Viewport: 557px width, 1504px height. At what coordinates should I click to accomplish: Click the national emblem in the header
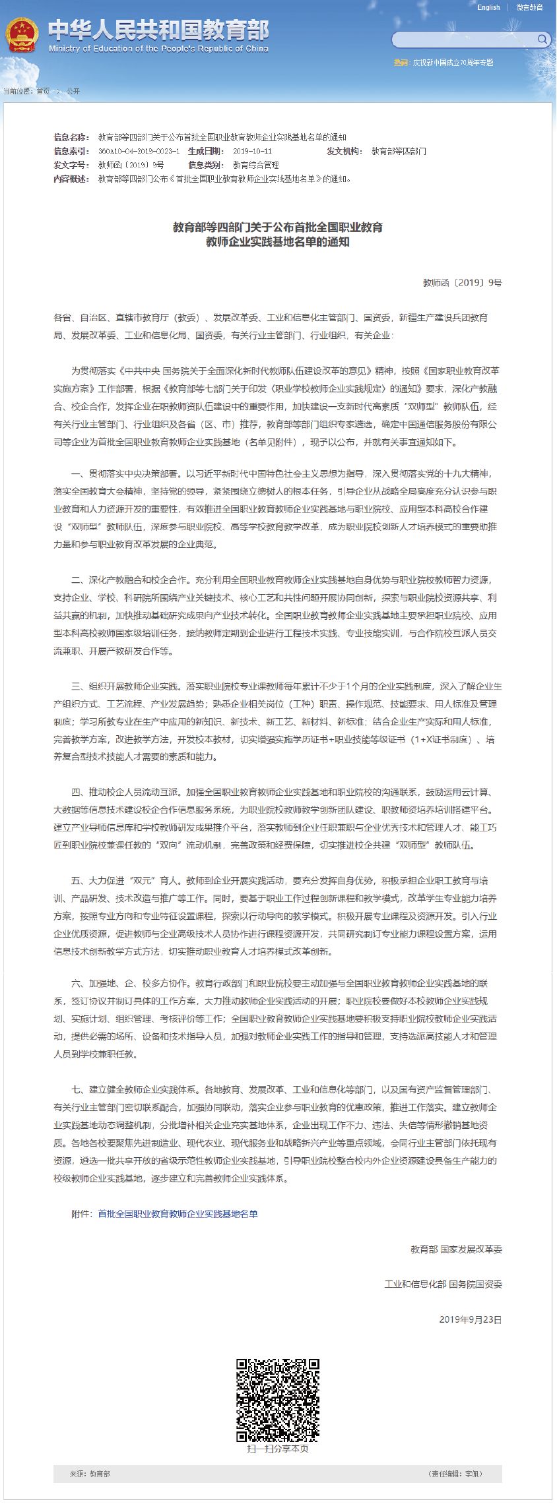tap(22, 35)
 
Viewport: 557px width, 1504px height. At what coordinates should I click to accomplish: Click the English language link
tap(488, 7)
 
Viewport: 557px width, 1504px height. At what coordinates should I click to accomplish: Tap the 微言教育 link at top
tap(529, 7)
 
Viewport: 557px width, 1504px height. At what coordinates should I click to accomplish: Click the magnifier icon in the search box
tap(542, 40)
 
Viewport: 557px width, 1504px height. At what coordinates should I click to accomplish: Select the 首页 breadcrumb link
tap(43, 91)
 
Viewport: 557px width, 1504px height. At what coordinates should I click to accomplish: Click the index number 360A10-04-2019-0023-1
tap(139, 151)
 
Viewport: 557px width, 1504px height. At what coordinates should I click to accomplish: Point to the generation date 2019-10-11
tap(252, 151)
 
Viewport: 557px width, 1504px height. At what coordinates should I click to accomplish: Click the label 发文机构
tap(344, 151)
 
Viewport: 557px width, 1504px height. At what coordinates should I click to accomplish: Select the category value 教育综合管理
tap(256, 165)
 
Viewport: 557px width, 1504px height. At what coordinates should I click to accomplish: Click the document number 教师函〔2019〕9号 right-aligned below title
tap(462, 282)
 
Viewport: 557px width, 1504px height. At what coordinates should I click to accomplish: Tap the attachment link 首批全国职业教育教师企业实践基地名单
tap(178, 1213)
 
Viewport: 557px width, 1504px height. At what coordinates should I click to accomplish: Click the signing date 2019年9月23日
tap(471, 1319)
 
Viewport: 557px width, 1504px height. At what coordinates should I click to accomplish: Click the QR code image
tap(278, 1400)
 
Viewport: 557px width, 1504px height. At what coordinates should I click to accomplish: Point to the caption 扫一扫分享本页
tap(278, 1448)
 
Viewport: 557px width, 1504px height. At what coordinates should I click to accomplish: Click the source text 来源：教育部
tap(90, 1473)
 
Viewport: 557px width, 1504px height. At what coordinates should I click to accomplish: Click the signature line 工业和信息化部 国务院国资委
tap(443, 1283)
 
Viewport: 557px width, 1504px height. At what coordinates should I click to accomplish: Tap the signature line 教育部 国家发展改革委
tap(456, 1249)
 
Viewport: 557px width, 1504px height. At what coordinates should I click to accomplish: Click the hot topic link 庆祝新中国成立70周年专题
tap(453, 63)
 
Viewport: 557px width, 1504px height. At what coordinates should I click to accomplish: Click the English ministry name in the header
tap(158, 49)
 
